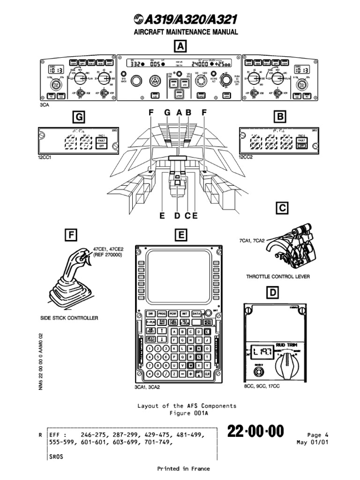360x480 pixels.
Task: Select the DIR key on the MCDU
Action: point(150,313)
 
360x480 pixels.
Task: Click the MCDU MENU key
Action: point(208,322)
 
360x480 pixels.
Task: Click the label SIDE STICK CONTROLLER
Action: point(69,318)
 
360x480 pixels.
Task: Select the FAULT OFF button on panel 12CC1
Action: point(100,142)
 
